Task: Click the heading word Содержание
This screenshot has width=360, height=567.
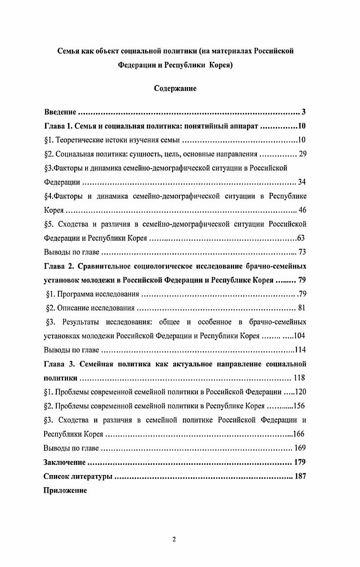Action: (x=175, y=88)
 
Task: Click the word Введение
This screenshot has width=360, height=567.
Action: (x=60, y=112)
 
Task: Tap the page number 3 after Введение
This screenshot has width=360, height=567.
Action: (x=304, y=112)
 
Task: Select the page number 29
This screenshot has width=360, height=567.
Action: (x=302, y=154)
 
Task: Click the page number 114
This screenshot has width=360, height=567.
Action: (x=300, y=350)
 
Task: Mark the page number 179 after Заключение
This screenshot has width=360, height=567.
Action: (x=300, y=462)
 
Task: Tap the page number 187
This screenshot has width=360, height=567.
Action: (x=300, y=476)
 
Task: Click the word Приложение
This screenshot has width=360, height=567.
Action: (x=65, y=490)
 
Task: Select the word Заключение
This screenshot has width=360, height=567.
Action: (x=64, y=462)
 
